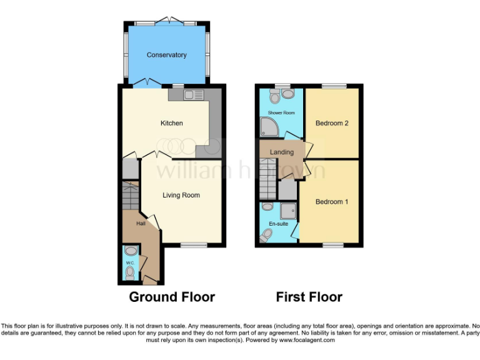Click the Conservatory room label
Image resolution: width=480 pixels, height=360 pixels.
click(x=166, y=55)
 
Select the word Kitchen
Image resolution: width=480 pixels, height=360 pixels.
click(x=171, y=123)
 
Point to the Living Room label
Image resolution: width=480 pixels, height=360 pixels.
click(x=181, y=195)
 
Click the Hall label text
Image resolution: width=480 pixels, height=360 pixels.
click(x=141, y=223)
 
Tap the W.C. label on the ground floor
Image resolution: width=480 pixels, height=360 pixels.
click(x=129, y=263)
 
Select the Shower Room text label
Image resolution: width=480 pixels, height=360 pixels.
click(x=281, y=112)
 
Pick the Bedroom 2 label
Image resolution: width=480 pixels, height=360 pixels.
click(x=332, y=123)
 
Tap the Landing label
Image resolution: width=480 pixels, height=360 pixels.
click(x=281, y=152)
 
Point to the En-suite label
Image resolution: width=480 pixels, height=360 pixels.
click(x=278, y=223)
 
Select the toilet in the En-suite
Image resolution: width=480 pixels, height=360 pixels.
click(x=266, y=234)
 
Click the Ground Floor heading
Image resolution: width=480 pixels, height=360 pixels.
click(x=172, y=297)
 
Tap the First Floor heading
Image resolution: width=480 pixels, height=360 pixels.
click(x=309, y=297)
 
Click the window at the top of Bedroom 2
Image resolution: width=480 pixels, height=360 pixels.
click(x=338, y=86)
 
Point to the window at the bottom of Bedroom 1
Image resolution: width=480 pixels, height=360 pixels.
click(x=332, y=244)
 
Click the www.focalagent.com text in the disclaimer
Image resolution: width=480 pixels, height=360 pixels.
click(x=307, y=341)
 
